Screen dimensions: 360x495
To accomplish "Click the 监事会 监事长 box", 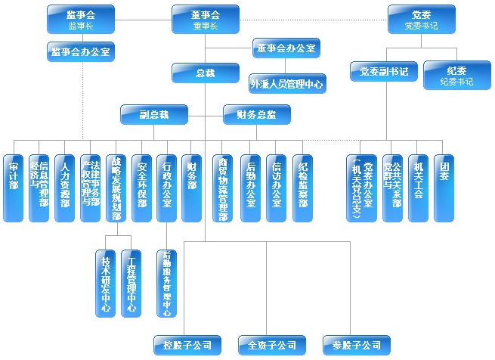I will (x=80, y=20).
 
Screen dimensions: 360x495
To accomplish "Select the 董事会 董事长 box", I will (x=205, y=20).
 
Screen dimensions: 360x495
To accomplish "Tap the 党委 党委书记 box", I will (x=422, y=20).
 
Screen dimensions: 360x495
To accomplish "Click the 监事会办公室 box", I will (x=80, y=51).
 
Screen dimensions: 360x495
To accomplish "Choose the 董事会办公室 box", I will (x=285, y=48).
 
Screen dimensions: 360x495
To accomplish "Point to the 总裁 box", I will (x=205, y=73).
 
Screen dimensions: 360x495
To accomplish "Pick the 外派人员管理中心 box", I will (x=287, y=82).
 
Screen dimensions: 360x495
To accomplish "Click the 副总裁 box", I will (x=154, y=115).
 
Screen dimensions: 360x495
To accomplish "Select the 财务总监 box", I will (x=256, y=115).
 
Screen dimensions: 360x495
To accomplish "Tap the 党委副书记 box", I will (x=384, y=72).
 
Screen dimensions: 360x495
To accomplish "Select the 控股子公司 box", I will (x=182, y=346).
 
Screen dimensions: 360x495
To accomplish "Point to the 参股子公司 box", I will (x=351, y=346).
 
